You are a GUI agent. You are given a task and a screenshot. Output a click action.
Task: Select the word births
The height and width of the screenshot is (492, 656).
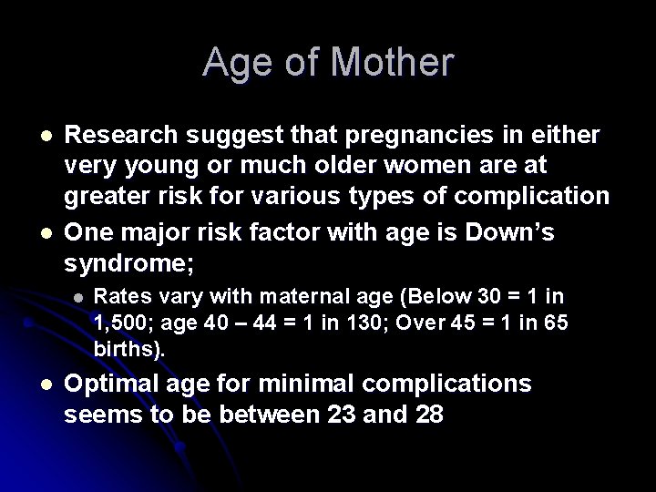click(127, 349)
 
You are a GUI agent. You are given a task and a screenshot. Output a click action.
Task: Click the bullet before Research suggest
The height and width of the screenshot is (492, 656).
click(33, 136)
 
